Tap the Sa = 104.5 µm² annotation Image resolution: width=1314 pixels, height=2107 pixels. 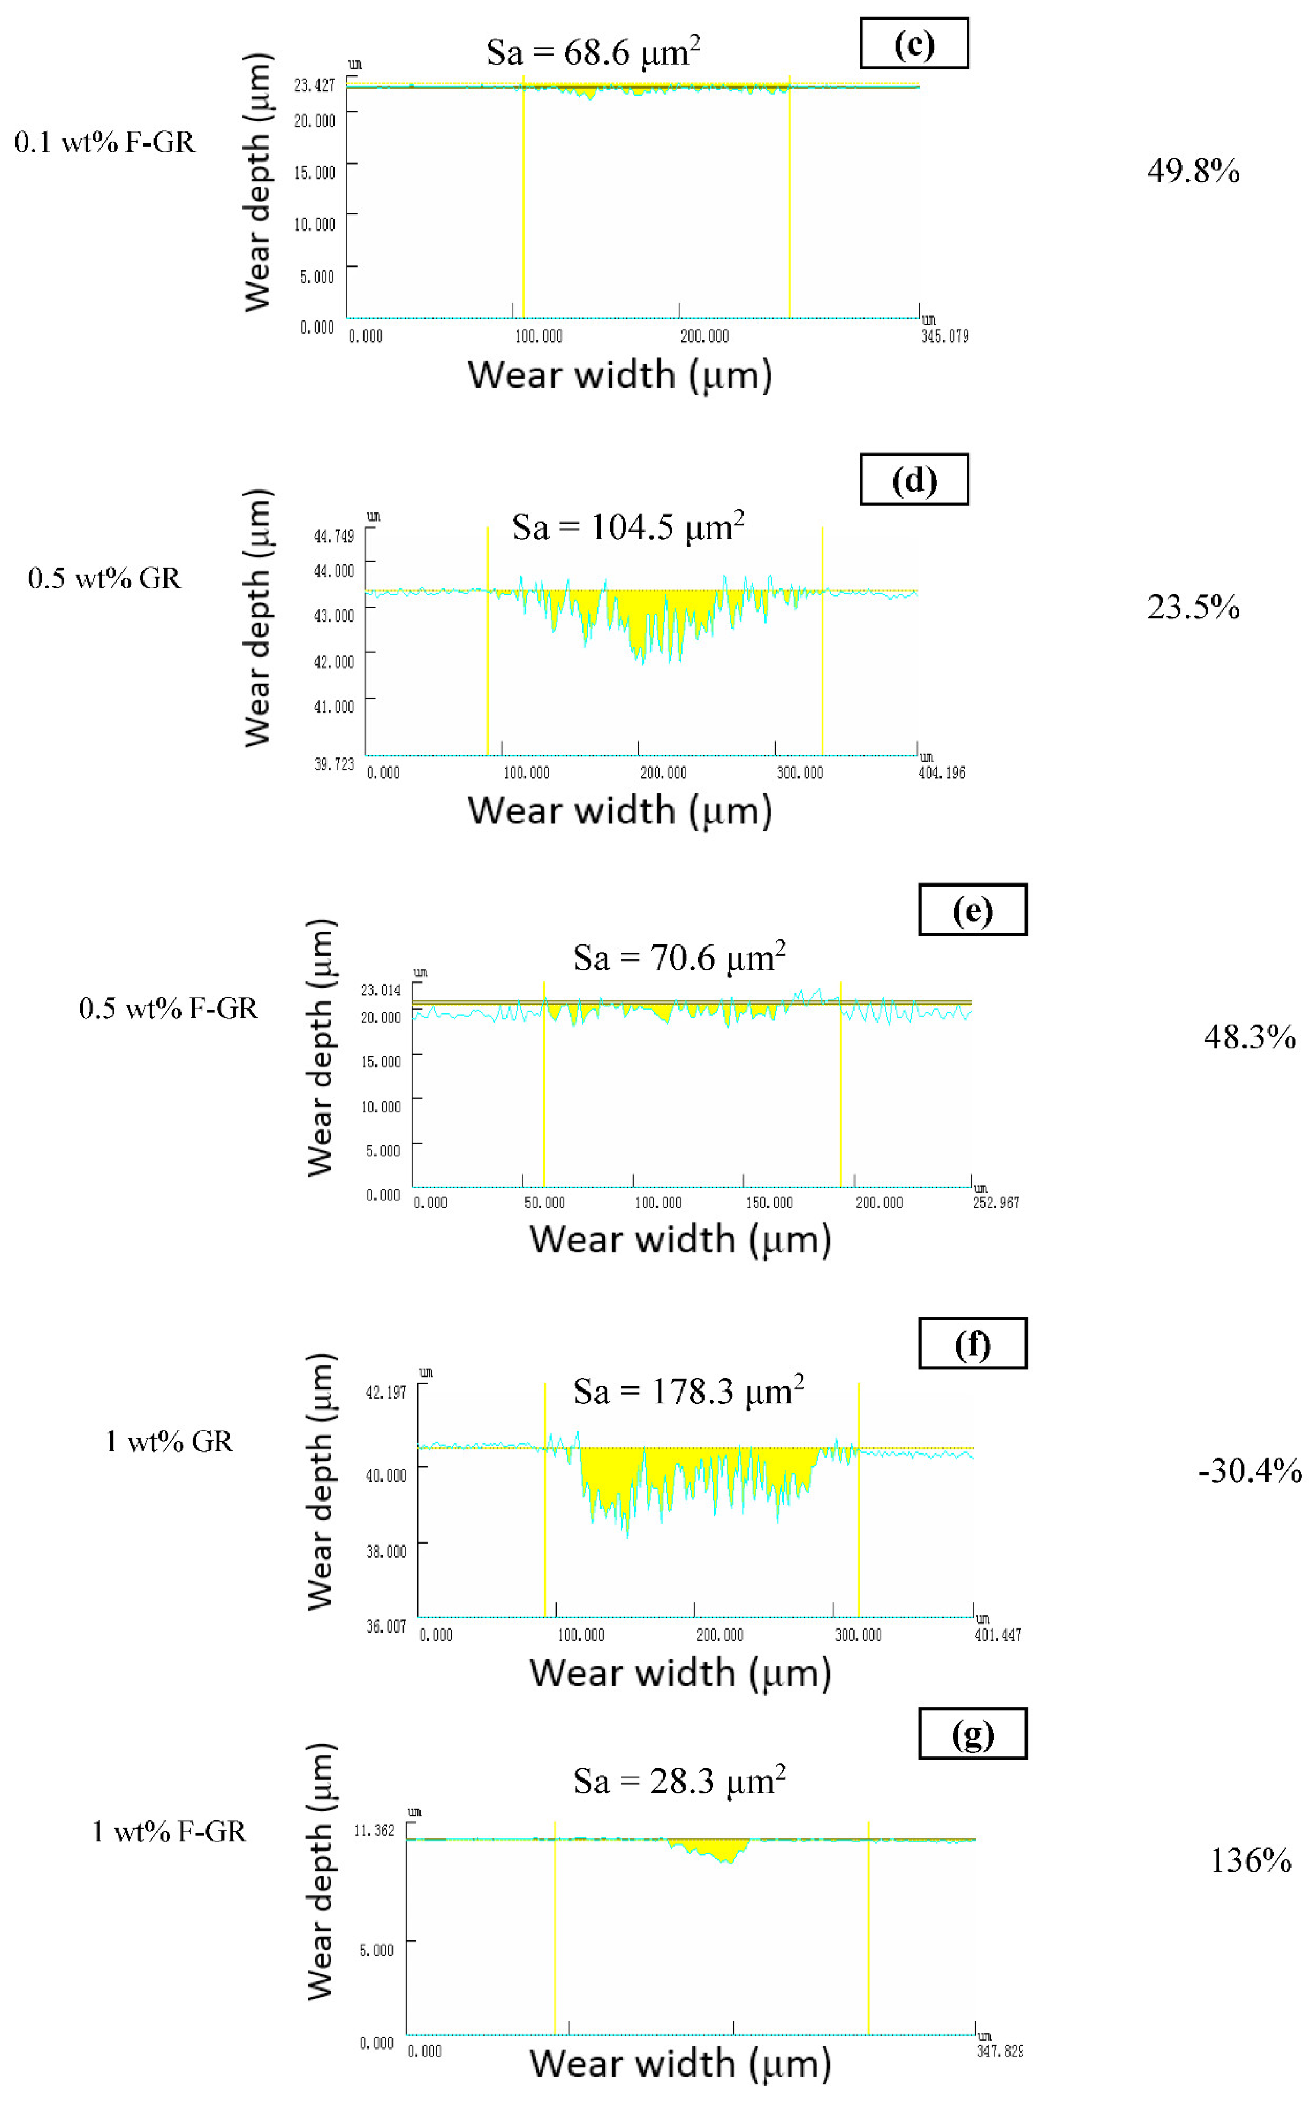628,527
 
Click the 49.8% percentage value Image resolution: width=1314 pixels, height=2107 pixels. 1192,170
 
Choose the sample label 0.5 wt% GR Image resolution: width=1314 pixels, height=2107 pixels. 104,578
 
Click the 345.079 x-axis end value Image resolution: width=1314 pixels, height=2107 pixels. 945,336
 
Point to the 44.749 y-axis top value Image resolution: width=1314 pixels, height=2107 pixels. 334,536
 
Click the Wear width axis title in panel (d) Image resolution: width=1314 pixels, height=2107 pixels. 620,810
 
